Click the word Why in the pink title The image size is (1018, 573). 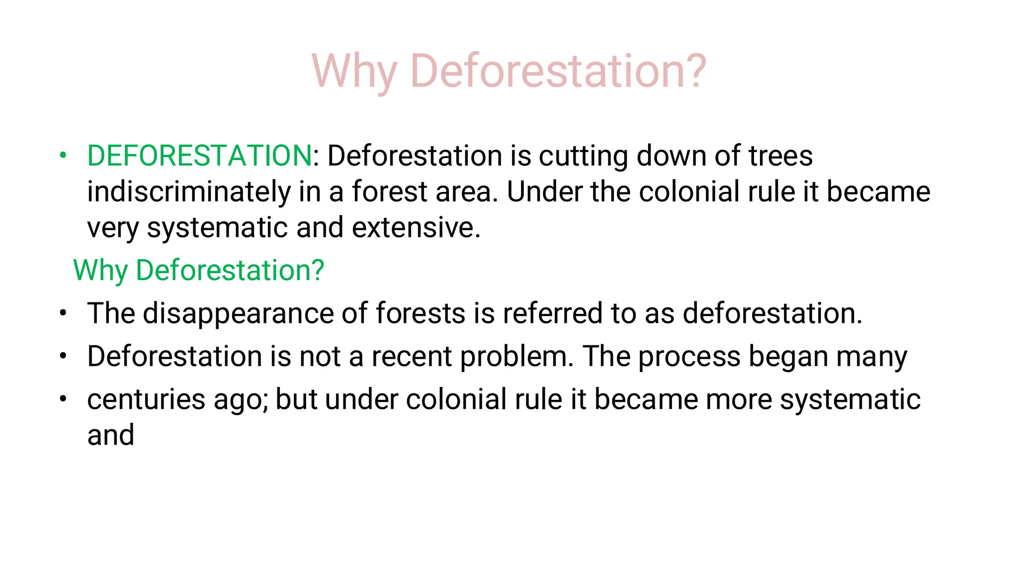pyautogui.click(x=354, y=71)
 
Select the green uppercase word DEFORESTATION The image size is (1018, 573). pyautogui.click(x=199, y=156)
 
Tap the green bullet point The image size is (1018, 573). pyautogui.click(x=63, y=155)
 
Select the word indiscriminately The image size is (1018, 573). pyautogui.click(x=189, y=192)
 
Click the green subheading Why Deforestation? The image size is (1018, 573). pyautogui.click(x=198, y=271)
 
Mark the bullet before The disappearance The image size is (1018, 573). pyautogui.click(x=63, y=313)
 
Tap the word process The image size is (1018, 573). pyautogui.click(x=689, y=357)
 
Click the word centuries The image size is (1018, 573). pyautogui.click(x=146, y=399)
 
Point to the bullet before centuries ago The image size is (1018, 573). pyautogui.click(x=63, y=399)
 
